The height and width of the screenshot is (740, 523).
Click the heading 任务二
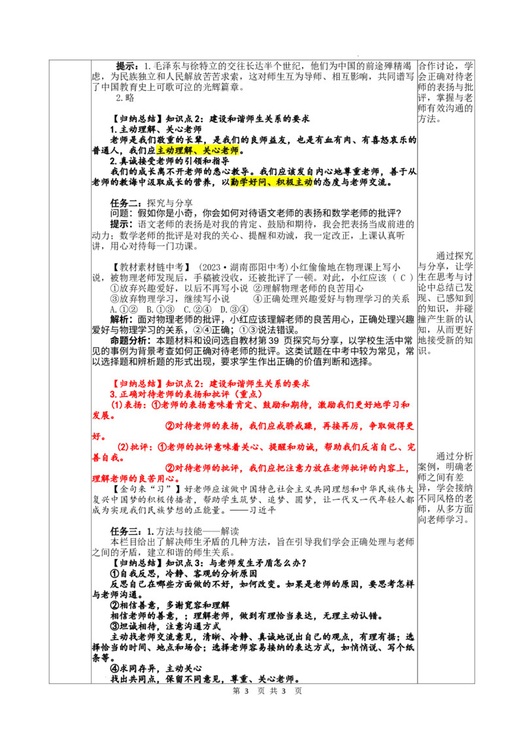126,203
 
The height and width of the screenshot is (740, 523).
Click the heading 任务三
126,531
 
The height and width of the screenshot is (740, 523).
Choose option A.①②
124,310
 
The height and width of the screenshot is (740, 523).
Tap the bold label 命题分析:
133,341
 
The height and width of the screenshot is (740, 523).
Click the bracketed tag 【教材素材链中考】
151,267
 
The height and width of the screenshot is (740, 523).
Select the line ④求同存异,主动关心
156,669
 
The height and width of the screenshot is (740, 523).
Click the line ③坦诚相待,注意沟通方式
165,626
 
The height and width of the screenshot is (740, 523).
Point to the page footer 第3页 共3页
267,691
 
